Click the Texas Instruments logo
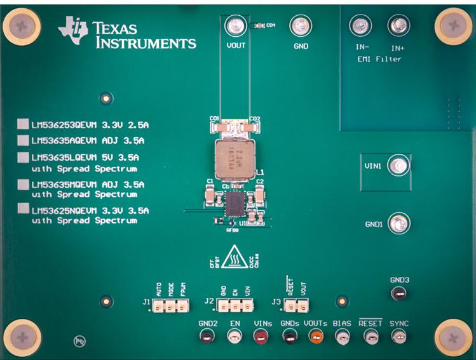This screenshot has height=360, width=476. point(127,33)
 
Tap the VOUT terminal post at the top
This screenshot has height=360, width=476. point(235,26)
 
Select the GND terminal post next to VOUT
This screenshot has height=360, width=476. point(300,26)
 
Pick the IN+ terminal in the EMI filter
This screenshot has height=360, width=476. point(398,26)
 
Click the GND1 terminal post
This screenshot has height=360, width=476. point(398,223)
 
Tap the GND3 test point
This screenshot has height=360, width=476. point(398,293)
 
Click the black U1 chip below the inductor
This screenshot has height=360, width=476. point(235,204)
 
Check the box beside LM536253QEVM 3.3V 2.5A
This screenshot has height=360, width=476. point(23,124)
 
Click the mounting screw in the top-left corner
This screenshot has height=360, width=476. point(22,25)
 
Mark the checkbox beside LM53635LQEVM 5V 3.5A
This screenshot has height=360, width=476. point(23,157)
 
